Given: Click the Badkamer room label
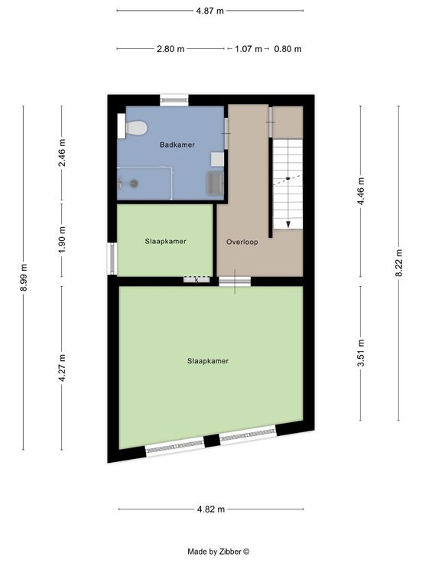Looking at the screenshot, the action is click(x=177, y=145).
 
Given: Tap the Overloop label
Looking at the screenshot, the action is click(x=242, y=242).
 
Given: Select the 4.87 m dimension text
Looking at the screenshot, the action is click(x=210, y=11).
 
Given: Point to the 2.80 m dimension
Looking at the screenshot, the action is click(x=170, y=49).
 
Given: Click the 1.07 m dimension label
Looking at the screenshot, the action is click(x=248, y=49).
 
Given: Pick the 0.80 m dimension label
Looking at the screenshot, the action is click(x=287, y=49).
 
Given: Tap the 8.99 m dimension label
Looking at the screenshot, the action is click(x=24, y=277).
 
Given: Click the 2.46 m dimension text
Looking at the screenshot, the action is click(x=62, y=152).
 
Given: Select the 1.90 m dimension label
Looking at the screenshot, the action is click(x=62, y=239).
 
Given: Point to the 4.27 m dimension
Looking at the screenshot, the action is click(x=62, y=368).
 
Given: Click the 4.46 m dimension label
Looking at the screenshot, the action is click(x=361, y=191).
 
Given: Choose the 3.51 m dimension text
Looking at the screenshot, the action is click(x=361, y=353).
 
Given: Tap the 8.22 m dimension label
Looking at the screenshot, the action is click(x=398, y=263).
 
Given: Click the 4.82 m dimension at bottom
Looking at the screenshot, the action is click(x=211, y=509).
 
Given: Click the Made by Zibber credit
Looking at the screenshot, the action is click(x=218, y=552).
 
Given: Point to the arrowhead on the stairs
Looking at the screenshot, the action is click(x=288, y=225).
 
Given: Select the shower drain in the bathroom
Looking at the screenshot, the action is click(x=134, y=184).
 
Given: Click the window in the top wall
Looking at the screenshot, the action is click(x=174, y=99).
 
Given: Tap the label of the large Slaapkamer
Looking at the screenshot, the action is click(x=208, y=361).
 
